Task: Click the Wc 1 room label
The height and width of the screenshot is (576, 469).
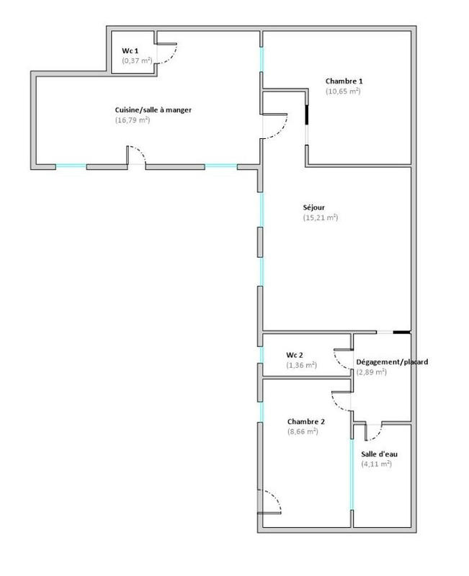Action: click(130, 51)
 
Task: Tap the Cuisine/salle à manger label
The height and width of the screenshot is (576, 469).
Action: click(153, 109)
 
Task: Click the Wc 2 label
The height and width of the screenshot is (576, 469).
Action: click(295, 355)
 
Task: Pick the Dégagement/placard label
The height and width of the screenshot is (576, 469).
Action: click(393, 362)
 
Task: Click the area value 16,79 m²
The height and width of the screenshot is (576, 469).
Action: click(133, 120)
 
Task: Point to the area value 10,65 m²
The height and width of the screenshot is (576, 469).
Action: click(343, 91)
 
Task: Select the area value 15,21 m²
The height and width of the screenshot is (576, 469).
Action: click(321, 217)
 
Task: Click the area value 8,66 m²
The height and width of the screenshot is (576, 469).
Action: click(303, 432)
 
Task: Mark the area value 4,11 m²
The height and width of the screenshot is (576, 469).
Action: click(376, 464)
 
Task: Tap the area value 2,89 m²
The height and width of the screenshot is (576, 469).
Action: click(372, 372)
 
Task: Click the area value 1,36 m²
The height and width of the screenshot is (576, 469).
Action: click(301, 365)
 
